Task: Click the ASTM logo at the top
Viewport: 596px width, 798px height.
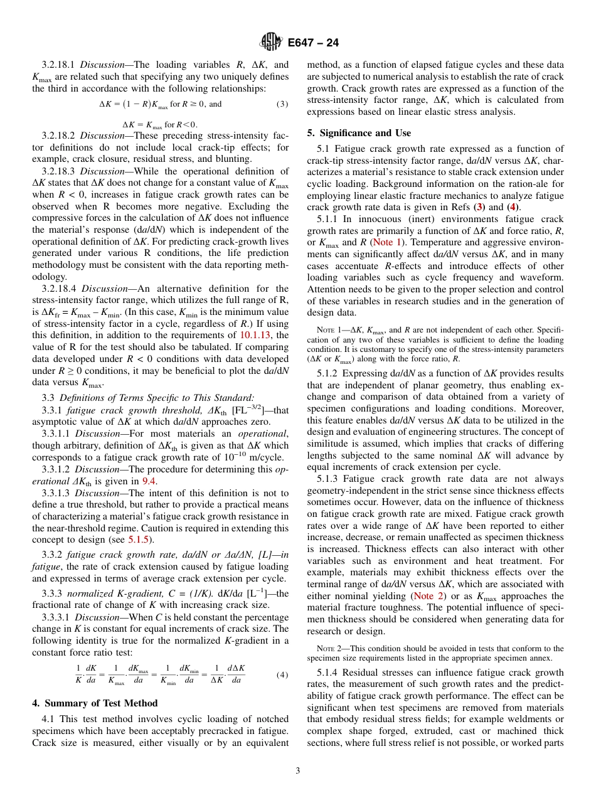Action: tap(270, 43)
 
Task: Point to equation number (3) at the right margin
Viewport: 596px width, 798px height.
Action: tap(282, 104)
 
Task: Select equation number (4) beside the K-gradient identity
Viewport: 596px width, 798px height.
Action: tap(282, 675)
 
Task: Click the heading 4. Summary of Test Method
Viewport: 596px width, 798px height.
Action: tap(95, 703)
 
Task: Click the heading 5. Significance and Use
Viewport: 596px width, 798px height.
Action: tap(359, 133)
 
